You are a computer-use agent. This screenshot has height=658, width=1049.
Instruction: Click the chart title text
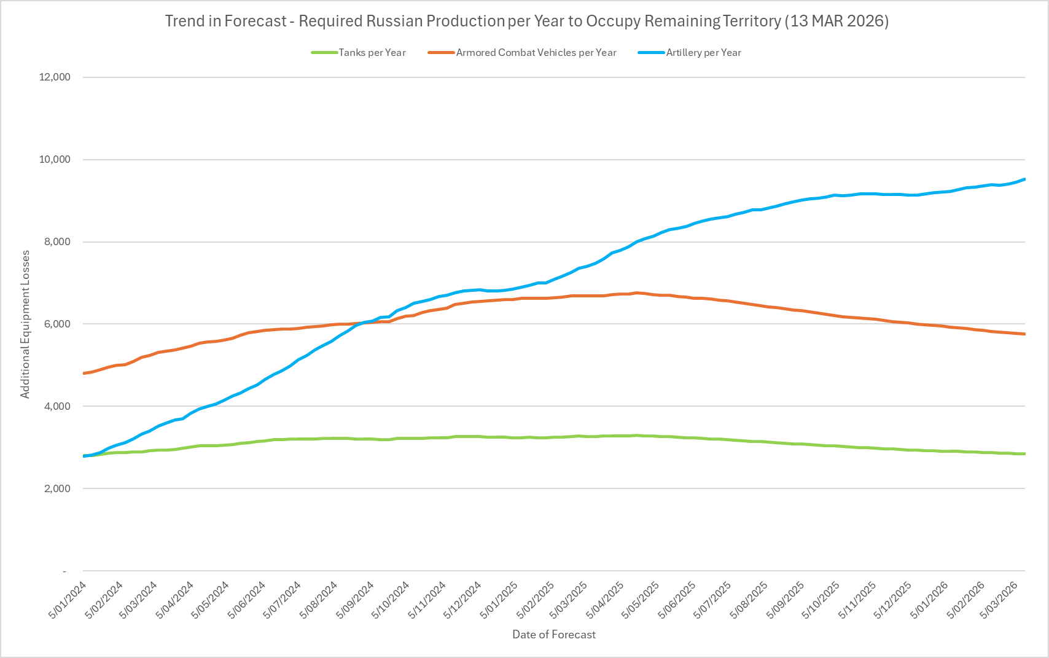tap(527, 21)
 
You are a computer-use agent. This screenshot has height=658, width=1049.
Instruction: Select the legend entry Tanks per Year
tap(372, 53)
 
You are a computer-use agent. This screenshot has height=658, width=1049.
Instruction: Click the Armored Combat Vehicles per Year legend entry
tap(536, 53)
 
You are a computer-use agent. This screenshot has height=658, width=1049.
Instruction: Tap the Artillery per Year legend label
tap(703, 53)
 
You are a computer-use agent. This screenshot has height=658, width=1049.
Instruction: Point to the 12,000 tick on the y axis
tap(55, 77)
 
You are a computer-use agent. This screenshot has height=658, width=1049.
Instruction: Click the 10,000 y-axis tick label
tap(55, 160)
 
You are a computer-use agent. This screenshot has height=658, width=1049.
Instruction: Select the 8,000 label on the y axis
tap(57, 242)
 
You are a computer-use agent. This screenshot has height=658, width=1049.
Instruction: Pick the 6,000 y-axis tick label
tap(57, 324)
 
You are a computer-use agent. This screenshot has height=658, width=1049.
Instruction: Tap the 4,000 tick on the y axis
tap(57, 407)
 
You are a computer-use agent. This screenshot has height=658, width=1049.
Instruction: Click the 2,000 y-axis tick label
tap(57, 489)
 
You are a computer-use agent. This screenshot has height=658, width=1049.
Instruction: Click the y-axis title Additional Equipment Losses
tap(25, 324)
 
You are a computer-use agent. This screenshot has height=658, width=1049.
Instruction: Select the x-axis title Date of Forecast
tap(554, 635)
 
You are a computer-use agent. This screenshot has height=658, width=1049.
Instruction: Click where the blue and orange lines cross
tap(365, 323)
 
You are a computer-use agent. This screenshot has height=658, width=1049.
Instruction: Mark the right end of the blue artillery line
tap(1024, 179)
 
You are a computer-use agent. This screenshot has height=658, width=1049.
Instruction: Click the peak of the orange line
tap(637, 293)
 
